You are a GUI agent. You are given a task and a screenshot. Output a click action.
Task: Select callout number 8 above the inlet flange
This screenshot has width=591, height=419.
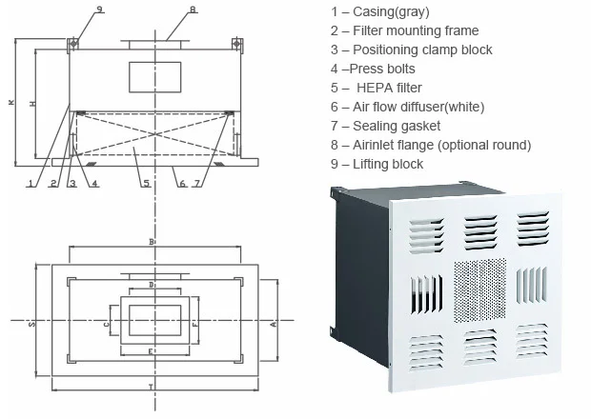pyautogui.click(x=193, y=10)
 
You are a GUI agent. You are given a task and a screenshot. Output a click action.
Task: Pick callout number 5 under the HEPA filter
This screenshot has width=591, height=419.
pyautogui.click(x=145, y=183)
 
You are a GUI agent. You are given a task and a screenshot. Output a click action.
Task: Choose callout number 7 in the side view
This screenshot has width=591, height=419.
pyautogui.click(x=197, y=183)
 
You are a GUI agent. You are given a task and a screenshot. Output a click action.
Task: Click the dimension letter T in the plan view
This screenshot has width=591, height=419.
pyautogui.click(x=152, y=385)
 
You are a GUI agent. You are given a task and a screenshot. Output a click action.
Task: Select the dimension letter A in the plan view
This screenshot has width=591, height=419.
pyautogui.click(x=274, y=324)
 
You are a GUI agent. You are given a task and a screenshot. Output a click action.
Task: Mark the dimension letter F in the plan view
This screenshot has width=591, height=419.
pyautogui.click(x=195, y=324)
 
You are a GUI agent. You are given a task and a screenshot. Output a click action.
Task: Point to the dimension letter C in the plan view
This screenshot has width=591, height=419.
pyautogui.click(x=107, y=324)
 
